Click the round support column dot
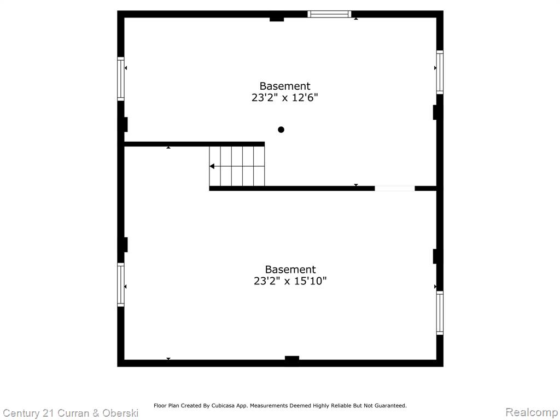[x=281, y=130]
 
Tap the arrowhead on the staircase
[x=212, y=166]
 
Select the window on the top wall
[x=329, y=14]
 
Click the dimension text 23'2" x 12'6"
[x=284, y=97]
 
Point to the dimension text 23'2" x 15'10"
[x=290, y=281]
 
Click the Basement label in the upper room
[x=285, y=86]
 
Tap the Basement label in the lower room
[x=290, y=269]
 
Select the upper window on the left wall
[x=121, y=79]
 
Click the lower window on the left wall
[x=121, y=284]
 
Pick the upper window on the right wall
[x=440, y=72]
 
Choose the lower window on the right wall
[x=440, y=313]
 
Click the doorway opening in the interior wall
[x=395, y=188]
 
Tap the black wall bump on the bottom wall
[x=292, y=359]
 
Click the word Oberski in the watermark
[x=120, y=413]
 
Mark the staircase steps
[x=237, y=166]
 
